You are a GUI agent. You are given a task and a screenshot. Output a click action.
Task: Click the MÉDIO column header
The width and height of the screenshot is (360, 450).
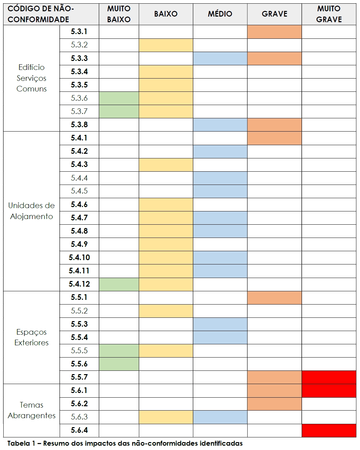coord(220,14)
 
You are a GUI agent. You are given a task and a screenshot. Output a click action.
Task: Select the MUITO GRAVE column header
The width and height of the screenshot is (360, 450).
coord(329,14)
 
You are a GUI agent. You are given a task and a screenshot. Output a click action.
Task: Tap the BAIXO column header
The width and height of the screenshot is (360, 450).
coord(166,14)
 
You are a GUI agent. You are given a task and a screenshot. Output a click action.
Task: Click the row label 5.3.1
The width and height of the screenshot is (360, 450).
coord(79,31)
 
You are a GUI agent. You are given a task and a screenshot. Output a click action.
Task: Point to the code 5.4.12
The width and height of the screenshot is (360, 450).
coord(79,284)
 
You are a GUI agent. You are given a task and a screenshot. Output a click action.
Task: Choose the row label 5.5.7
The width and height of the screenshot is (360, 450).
coord(79,377)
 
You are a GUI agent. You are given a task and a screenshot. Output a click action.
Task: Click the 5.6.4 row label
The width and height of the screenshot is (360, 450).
coord(79,430)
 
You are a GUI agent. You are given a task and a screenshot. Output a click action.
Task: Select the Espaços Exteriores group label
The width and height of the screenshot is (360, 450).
coord(31,337)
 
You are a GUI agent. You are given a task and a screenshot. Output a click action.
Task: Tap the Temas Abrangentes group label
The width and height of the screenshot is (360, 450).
coord(31,410)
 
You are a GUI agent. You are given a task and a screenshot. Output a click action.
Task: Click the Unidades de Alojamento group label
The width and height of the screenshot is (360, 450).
coord(31,211)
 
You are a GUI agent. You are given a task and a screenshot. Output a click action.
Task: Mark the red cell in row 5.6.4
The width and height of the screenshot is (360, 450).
coord(329,430)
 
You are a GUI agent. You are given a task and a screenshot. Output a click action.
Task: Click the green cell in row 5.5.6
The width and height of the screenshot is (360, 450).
coord(119,364)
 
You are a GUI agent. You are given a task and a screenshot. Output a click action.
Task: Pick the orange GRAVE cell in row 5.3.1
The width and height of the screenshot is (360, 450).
coord(274,32)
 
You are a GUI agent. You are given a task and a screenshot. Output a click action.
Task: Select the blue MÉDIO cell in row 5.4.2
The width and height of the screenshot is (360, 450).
coord(220,151)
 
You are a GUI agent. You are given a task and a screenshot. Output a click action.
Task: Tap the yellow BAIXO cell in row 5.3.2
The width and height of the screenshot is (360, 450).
coord(166,45)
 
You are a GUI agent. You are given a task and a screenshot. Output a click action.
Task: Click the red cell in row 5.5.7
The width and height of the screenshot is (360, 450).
coord(329,377)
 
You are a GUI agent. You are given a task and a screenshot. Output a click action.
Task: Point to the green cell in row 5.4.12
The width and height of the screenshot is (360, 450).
coord(119,284)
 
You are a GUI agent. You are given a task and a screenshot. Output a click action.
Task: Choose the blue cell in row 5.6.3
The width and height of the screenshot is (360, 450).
coord(220,417)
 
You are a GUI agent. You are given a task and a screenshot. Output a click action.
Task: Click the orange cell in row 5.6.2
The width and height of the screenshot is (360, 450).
coord(274,404)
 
